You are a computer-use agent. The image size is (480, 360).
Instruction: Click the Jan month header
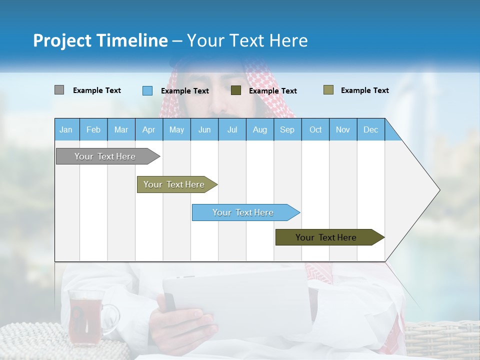[x=66, y=129]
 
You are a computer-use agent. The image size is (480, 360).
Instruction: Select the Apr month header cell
[x=149, y=129]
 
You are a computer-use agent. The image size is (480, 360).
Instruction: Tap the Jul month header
[x=232, y=129]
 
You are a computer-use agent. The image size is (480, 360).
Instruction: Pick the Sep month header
[x=287, y=129]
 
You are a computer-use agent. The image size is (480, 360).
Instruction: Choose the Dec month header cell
[x=370, y=129]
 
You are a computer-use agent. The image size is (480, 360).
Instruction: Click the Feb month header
[x=93, y=129]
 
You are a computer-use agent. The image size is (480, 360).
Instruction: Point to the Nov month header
[x=343, y=129]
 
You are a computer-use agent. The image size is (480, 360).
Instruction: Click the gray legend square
[x=59, y=90]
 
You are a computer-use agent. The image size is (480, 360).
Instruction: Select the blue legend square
[x=147, y=90]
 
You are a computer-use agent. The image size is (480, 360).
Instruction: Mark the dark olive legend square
[x=236, y=90]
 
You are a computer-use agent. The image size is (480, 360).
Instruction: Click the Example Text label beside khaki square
[x=364, y=90]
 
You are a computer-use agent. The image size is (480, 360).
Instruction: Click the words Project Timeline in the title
[x=100, y=40]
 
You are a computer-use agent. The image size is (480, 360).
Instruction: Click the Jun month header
[x=204, y=129]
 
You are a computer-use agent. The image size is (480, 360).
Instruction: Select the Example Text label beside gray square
[x=97, y=90]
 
